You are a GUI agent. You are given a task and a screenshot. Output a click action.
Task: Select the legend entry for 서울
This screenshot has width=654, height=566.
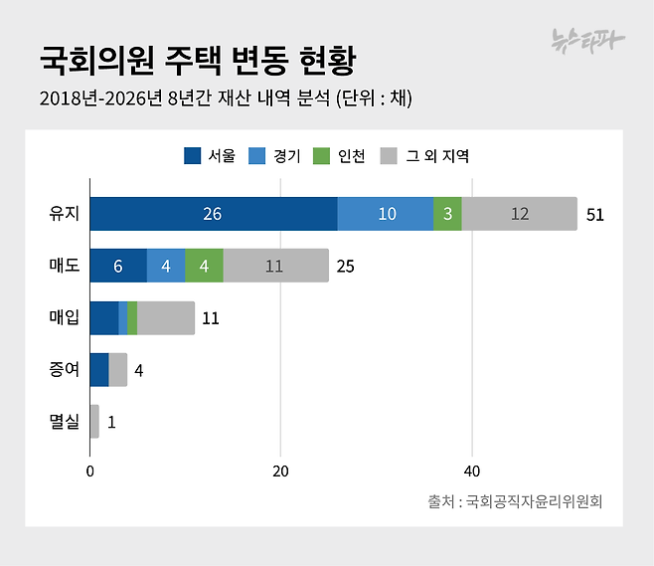coord(210,156)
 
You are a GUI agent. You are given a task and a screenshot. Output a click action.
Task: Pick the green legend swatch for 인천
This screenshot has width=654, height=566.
coord(321,156)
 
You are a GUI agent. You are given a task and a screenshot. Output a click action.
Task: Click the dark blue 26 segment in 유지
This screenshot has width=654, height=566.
coord(213,214)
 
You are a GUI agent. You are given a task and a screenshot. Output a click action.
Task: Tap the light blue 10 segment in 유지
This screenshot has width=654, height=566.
coord(385,214)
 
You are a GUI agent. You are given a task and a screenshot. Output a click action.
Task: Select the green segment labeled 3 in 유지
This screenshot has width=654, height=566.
coord(447,214)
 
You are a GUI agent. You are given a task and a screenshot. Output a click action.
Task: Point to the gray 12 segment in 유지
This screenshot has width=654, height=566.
coord(519,214)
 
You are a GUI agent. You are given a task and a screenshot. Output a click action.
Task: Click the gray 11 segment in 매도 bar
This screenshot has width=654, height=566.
coord(275,266)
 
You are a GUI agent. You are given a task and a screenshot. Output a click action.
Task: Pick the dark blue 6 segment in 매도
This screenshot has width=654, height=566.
coord(118,266)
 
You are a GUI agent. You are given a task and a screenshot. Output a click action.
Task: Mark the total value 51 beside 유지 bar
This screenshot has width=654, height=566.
coord(595,215)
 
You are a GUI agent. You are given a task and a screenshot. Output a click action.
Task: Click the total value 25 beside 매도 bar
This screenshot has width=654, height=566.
coord(346,267)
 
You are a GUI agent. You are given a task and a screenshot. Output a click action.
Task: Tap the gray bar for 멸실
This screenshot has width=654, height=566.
coord(94,422)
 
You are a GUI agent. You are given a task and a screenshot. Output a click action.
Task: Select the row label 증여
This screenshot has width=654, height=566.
coord(65,370)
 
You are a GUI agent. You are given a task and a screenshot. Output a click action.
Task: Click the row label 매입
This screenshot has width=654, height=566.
coord(65,318)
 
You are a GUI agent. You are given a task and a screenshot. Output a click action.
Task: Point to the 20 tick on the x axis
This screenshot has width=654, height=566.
coord(281,471)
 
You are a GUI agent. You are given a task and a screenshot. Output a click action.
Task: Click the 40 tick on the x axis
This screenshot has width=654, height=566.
coord(472,471)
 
